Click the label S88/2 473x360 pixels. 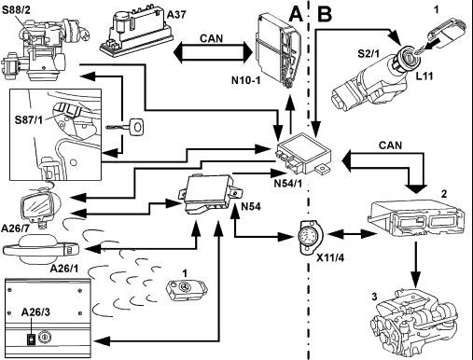coord(16,9)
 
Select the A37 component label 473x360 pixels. coord(176,15)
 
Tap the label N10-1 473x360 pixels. coord(245,80)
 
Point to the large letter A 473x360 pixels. coord(296,15)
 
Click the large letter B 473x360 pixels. coord(325,15)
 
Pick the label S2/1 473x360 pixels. coord(369,53)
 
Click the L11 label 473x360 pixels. coord(424,76)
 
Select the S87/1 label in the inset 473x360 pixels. coord(29,119)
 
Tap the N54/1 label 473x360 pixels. coord(288,184)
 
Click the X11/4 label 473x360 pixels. coord(330,257)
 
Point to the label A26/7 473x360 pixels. coord(15,228)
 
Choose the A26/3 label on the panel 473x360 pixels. coord(35,312)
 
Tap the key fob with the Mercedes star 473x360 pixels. coord(187,290)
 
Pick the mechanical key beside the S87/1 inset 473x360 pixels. coord(126,127)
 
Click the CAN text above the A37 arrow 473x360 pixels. coord(212,38)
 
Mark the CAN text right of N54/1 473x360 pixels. coord(390,145)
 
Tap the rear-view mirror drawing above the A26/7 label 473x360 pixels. coord(40,204)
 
